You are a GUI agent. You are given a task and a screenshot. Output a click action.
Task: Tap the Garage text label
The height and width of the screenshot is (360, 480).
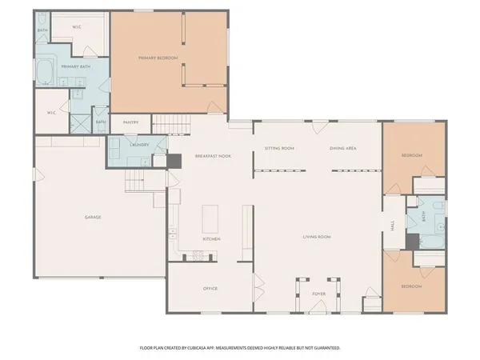93,217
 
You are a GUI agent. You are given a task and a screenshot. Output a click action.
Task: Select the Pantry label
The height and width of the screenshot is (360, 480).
130,122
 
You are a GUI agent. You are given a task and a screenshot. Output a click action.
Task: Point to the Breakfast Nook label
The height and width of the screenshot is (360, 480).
213,156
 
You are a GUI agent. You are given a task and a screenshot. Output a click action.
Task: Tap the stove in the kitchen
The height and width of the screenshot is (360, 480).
194,256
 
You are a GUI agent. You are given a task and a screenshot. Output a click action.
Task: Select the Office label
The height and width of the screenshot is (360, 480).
210,288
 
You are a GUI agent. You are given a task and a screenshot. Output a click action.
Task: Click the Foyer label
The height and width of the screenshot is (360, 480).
318,294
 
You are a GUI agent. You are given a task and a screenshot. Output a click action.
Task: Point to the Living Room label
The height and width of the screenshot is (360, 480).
317,238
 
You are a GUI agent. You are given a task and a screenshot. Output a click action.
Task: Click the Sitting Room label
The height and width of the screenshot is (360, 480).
280,149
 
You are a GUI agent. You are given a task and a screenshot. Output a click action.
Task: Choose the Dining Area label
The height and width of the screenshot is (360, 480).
342,149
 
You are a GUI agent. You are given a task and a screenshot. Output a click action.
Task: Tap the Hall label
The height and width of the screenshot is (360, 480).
393,226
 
